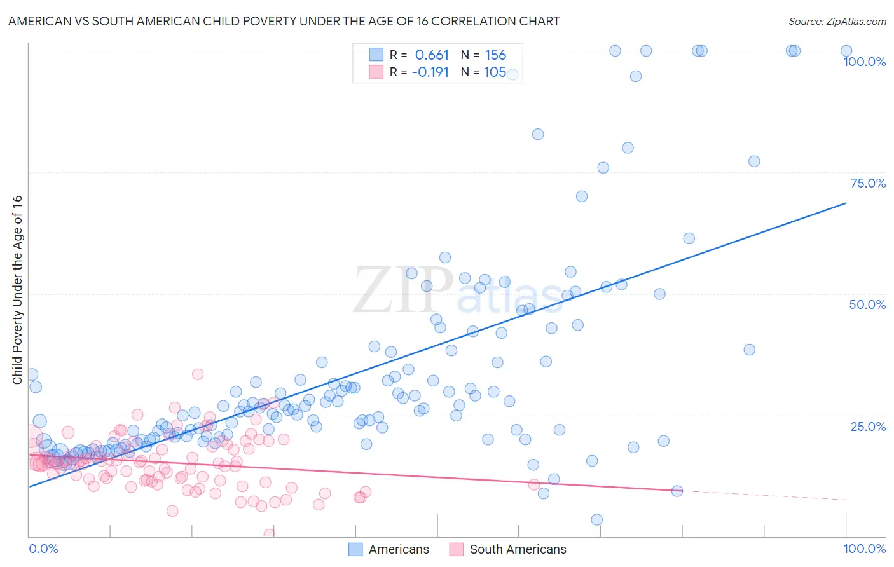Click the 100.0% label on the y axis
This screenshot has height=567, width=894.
864,62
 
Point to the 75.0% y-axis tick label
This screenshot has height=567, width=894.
868,183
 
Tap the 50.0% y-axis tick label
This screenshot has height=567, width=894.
867,304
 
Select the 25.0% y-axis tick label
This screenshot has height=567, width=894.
868,426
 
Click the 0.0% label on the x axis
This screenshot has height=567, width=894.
43,549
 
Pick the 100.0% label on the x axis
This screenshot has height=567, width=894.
864,549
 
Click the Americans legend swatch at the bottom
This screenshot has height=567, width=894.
355,549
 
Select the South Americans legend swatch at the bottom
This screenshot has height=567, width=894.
457,549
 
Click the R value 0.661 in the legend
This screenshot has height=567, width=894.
432,55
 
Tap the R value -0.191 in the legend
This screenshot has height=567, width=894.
430,72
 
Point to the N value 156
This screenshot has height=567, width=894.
495,55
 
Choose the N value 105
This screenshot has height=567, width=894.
495,72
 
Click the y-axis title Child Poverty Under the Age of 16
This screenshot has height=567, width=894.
17,289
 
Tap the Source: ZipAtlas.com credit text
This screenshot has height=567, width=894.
837,21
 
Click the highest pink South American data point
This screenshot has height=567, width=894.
198,374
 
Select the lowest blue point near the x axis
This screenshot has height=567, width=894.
596,519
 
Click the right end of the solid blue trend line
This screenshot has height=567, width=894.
846,203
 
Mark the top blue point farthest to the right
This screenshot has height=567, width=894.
846,51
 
